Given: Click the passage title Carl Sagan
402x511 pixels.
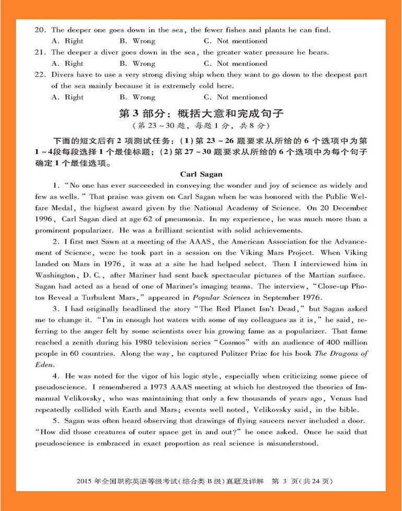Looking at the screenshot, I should [201, 174].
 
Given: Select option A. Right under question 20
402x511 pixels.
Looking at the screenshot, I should [67, 41].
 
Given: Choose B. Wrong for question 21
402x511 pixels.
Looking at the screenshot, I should [137, 64].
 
